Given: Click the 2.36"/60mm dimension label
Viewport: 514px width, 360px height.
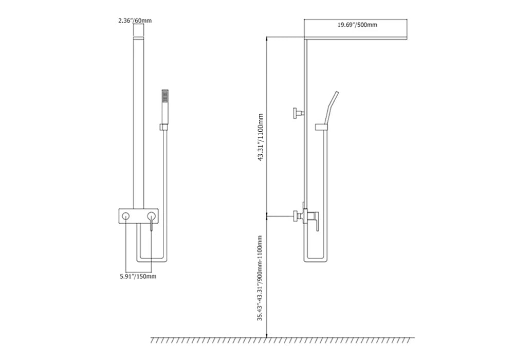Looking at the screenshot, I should (134, 21).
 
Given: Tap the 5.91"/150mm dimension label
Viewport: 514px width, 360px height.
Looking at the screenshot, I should (135, 276).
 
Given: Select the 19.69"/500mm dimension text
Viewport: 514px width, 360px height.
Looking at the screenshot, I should (357, 24).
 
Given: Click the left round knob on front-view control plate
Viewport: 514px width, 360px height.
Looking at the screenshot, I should (125, 216).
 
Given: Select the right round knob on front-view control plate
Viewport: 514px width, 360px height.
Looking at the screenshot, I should (151, 216).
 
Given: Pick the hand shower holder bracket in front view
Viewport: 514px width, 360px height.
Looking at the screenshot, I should (163, 127).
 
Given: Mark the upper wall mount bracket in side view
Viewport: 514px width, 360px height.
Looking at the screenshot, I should (298, 113).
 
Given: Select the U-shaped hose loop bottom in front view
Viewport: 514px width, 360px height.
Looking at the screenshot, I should (151, 260).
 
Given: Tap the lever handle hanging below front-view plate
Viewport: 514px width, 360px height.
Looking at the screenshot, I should (151, 225).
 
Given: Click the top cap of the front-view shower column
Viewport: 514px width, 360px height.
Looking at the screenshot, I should (139, 37).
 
